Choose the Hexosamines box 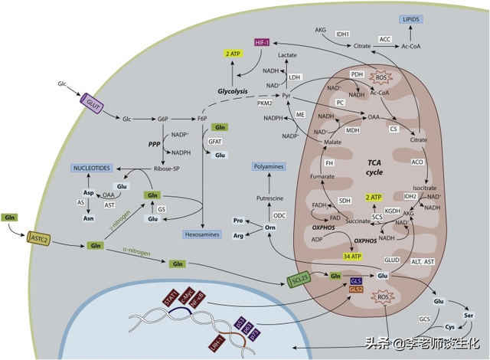click(203, 234)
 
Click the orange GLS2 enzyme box click(356, 290)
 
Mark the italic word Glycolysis click(233, 90)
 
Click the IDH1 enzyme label click(342, 33)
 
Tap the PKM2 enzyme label click(266, 102)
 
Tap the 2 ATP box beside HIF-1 click(230, 54)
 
